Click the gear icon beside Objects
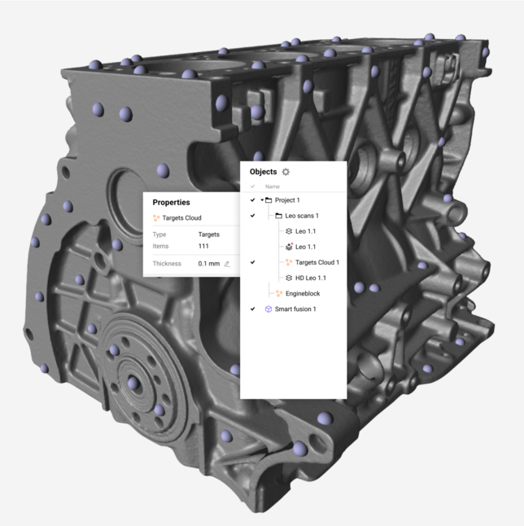tap(286, 172)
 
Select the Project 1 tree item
tap(287, 200)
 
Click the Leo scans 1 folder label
tap(302, 216)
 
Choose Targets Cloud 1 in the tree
tap(317, 262)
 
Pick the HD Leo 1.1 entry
tap(311, 278)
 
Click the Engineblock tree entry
tap(303, 293)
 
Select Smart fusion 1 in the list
tap(295, 309)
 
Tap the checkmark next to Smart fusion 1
tap(252, 309)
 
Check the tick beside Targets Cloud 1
tap(252, 262)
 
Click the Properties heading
tap(172, 202)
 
